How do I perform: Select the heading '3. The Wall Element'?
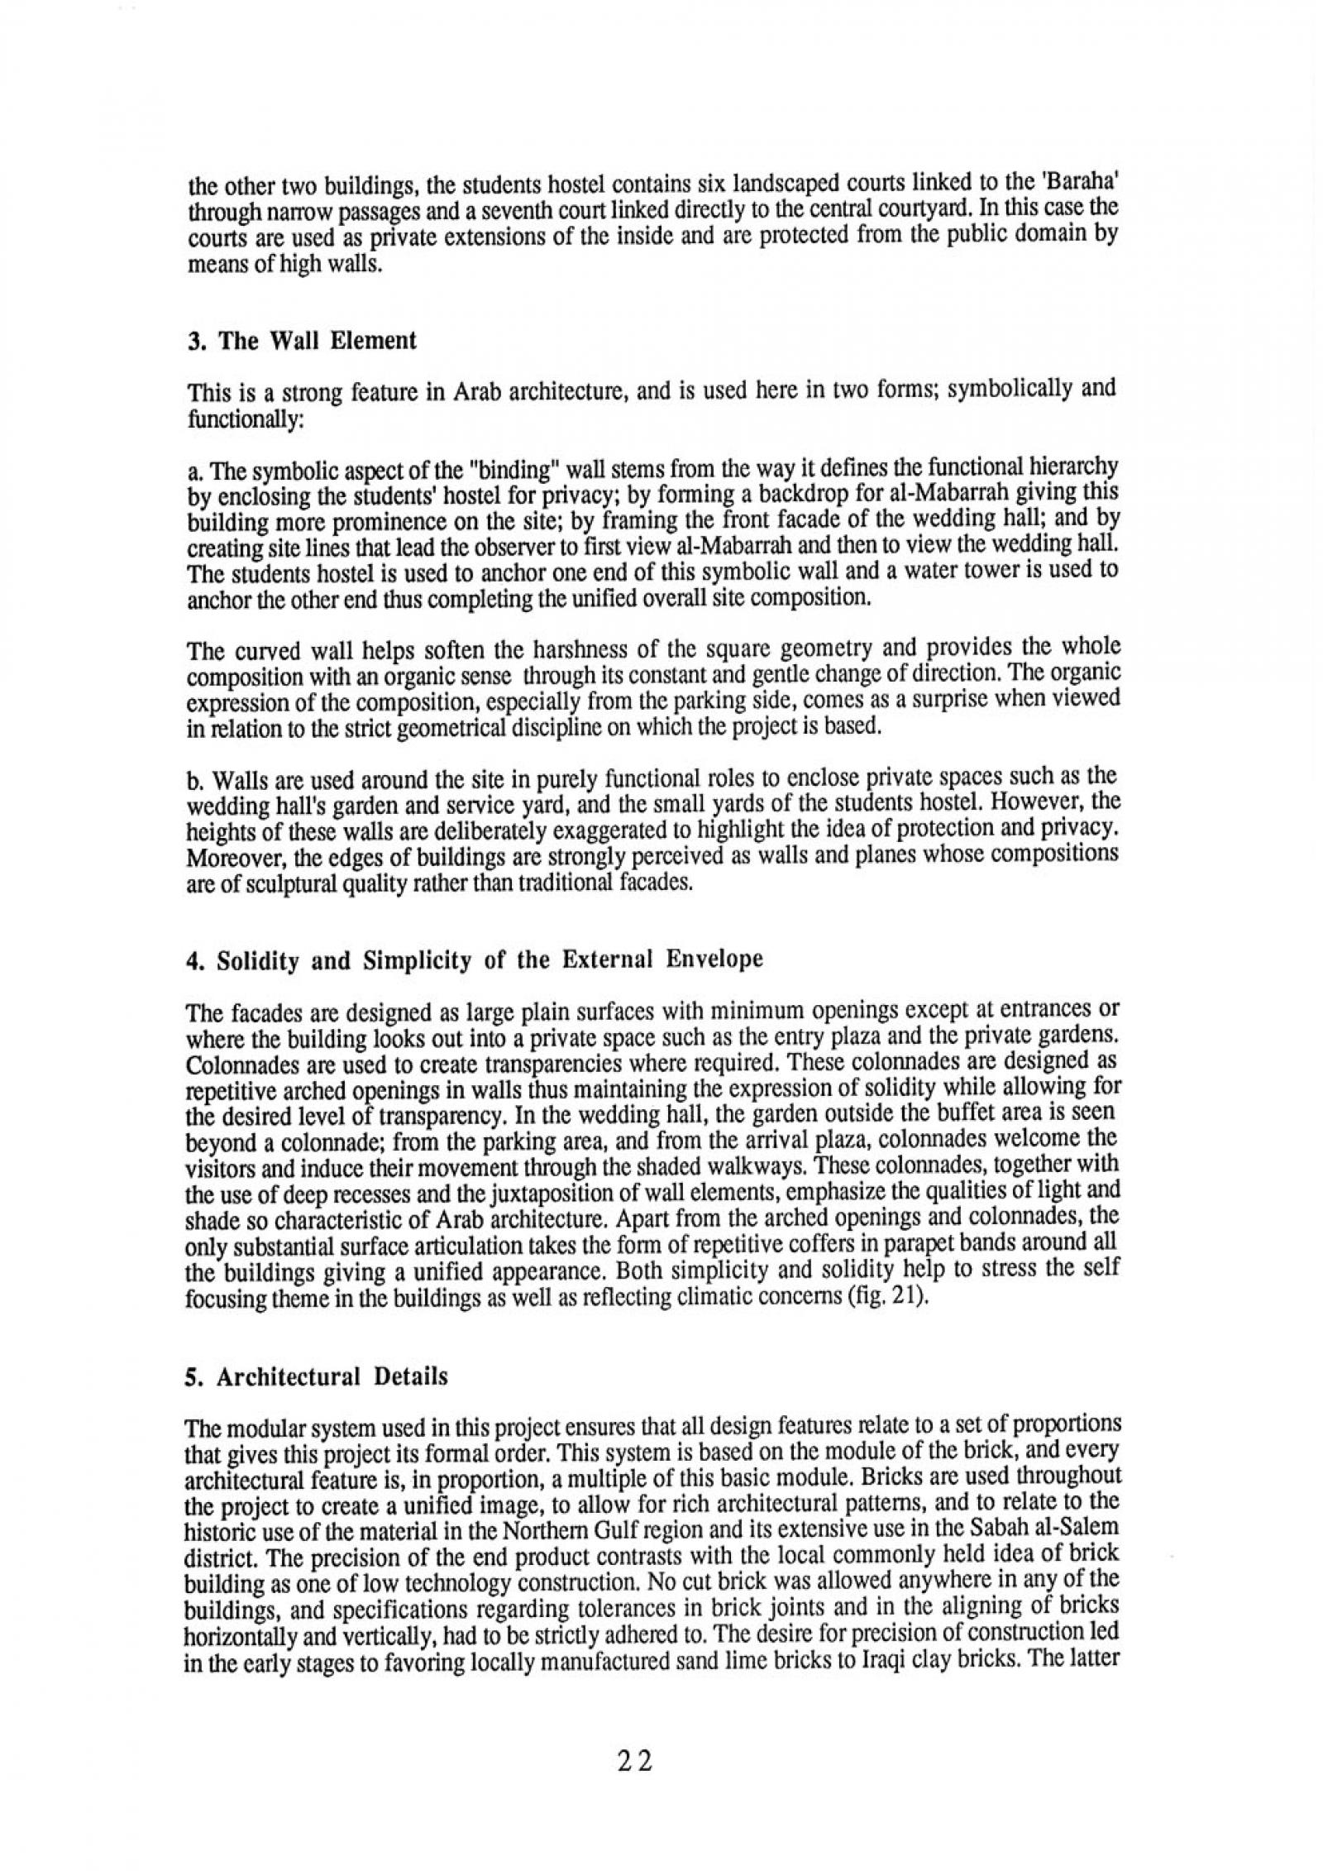point(302,341)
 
